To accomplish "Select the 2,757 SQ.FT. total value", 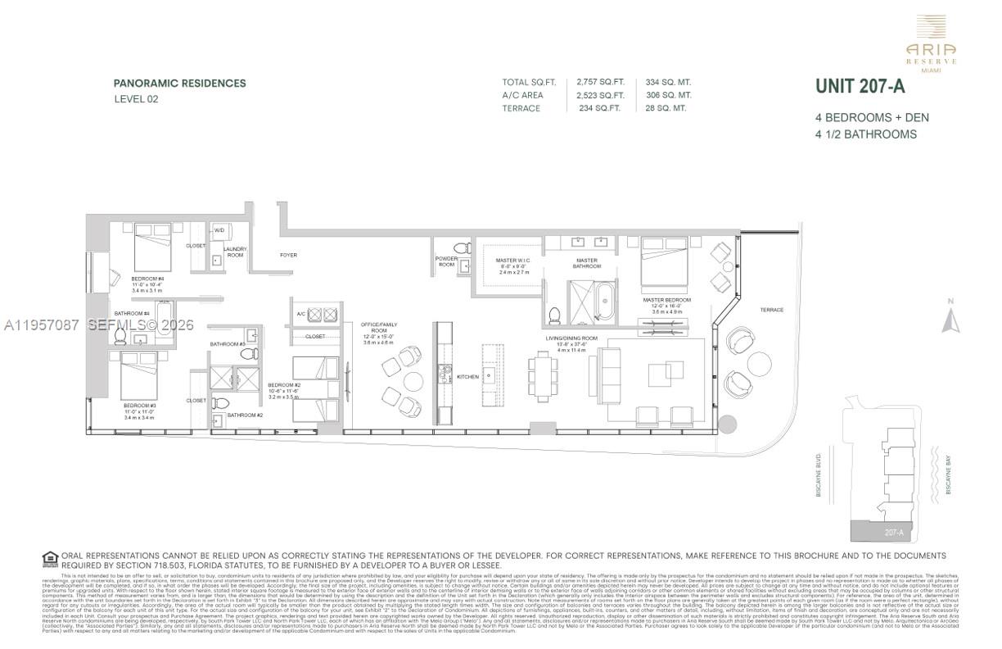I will click(x=600, y=82).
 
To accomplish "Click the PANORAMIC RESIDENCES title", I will click(x=179, y=83).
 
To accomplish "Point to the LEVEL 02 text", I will click(x=136, y=99).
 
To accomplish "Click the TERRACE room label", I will click(x=771, y=310).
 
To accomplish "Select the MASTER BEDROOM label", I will click(x=667, y=300).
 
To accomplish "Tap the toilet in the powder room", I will click(x=463, y=247).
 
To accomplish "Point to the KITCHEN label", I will click(x=467, y=377).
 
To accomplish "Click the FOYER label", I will click(x=288, y=255).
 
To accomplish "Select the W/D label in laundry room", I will click(x=219, y=230).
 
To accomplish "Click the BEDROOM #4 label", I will click(x=148, y=279).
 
